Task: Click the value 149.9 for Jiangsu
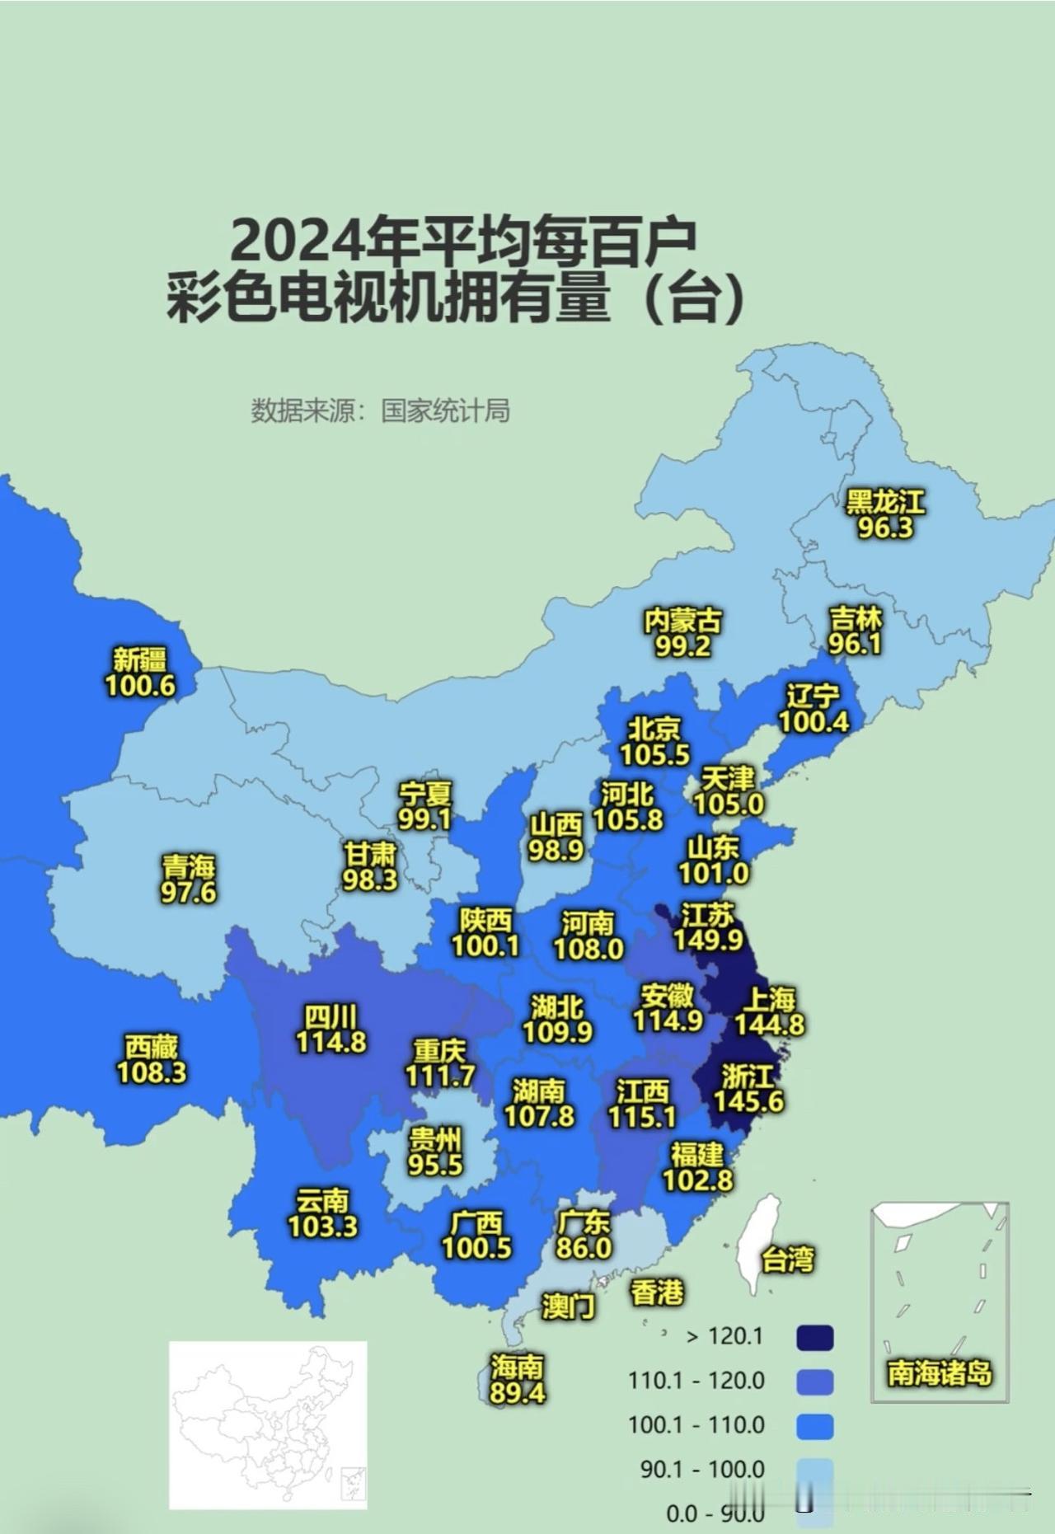(708, 940)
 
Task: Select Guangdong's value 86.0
(584, 1248)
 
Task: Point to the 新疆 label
(140, 659)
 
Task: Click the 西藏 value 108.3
(152, 1072)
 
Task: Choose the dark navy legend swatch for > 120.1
(814, 1338)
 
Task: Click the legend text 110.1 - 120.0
(696, 1380)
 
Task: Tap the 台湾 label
(788, 1260)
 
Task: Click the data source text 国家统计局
(445, 410)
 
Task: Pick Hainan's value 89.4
(517, 1393)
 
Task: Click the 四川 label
(331, 1016)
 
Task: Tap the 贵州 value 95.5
(435, 1165)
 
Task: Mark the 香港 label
(658, 1292)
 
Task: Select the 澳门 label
(569, 1306)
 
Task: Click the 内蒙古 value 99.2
(682, 646)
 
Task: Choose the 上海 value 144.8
(770, 1025)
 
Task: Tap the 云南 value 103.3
(322, 1227)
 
